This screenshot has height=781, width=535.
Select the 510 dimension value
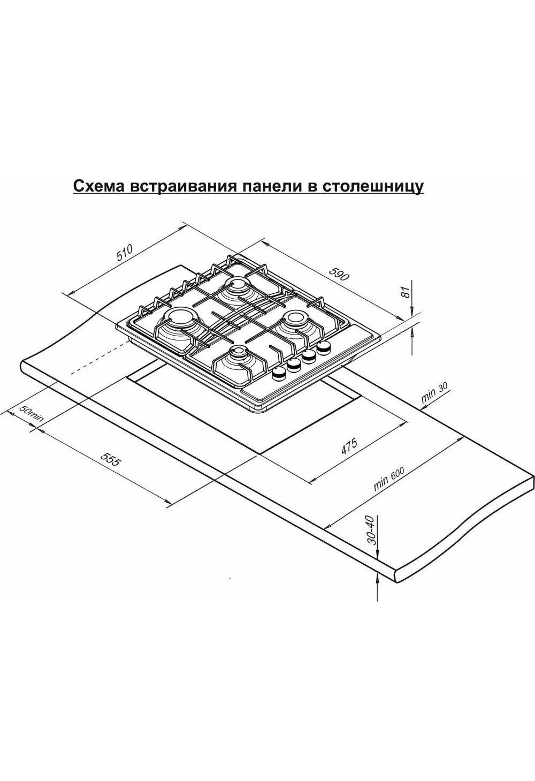pyautogui.click(x=125, y=253)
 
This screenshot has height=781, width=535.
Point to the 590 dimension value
pyautogui.click(x=339, y=274)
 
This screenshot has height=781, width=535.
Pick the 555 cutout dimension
pyautogui.click(x=111, y=459)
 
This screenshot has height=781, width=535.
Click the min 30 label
pyautogui.click(x=434, y=392)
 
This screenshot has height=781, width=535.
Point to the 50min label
pyautogui.click(x=31, y=413)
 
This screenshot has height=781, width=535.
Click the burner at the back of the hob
pyautogui.click(x=239, y=288)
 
